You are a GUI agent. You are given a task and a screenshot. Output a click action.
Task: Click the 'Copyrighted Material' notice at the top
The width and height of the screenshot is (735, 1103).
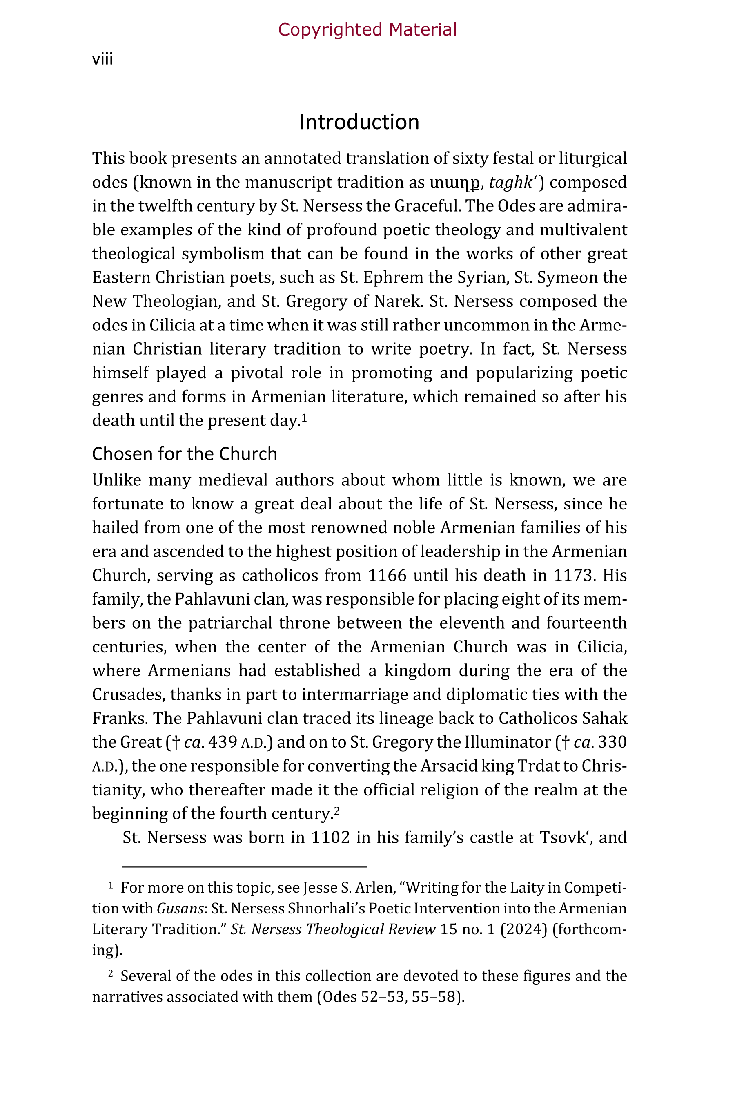pos(367,29)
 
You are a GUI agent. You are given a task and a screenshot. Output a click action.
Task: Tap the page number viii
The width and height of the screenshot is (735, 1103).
pos(102,59)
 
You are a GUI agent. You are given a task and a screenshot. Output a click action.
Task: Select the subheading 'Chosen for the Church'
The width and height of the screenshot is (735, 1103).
pos(184,454)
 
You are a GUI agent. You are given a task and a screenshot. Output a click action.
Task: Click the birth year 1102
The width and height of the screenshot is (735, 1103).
pos(330,837)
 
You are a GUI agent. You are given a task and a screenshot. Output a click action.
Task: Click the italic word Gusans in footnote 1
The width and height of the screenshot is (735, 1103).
pos(180,909)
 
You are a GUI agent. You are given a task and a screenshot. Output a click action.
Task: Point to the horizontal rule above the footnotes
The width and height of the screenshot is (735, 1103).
pos(245,866)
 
